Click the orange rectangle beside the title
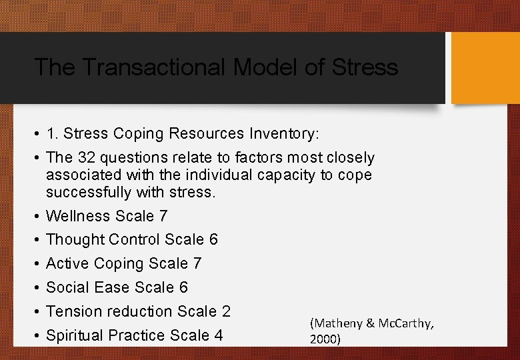(485, 68)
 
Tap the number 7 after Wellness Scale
(163, 216)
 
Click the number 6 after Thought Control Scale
(213, 239)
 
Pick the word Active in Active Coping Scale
(68, 263)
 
